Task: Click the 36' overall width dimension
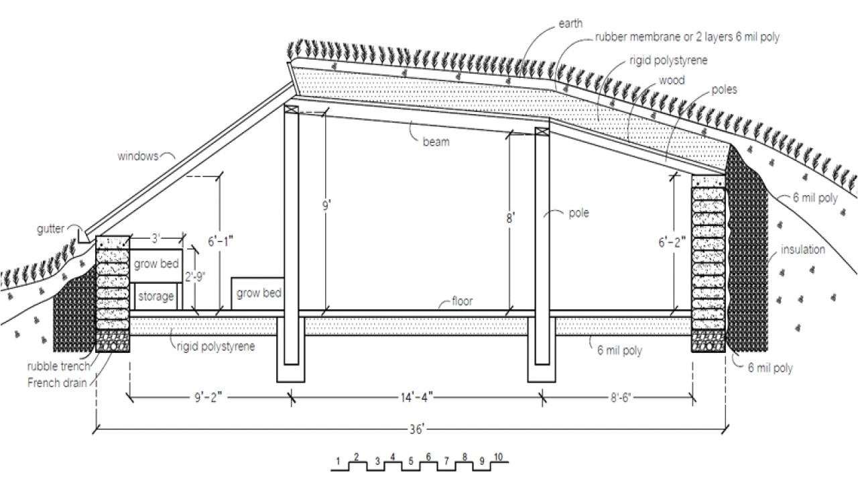(416, 429)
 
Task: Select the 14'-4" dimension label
(417, 397)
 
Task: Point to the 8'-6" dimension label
(621, 397)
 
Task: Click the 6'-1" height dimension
(221, 241)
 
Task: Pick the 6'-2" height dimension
(672, 242)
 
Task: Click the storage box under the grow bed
(156, 297)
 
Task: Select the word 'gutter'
(50, 229)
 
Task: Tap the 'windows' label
(137, 156)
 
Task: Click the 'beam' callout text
(436, 142)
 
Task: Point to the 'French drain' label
(57, 382)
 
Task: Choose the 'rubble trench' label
(58, 366)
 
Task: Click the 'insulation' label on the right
(803, 250)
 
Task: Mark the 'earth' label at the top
(570, 23)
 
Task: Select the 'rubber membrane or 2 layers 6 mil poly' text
(687, 37)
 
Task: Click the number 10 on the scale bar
(498, 457)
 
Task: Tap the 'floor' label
(463, 301)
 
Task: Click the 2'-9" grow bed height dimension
(195, 276)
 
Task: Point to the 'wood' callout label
(672, 80)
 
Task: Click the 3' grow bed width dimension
(156, 238)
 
